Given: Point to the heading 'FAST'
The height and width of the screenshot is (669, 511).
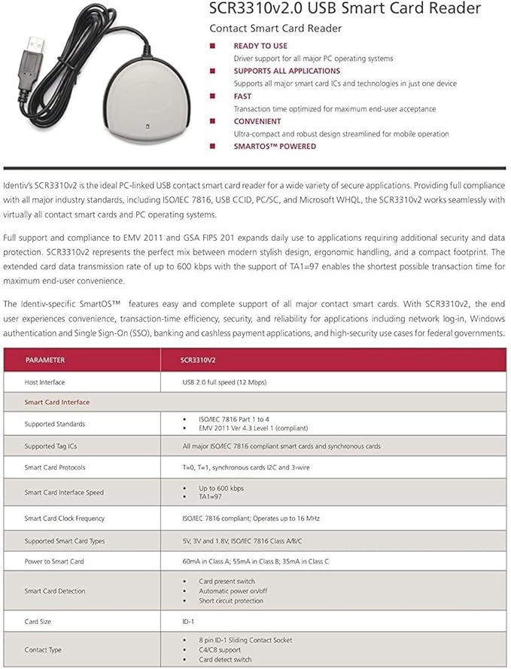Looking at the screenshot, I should coord(242,96).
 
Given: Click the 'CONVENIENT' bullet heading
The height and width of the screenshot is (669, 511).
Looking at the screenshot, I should coord(257,121).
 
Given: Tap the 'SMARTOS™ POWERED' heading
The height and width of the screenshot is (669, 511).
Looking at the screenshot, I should coord(275,146).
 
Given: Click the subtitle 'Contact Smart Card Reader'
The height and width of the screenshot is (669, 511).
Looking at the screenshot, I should coord(275,28).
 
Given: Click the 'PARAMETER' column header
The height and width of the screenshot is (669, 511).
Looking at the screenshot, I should coord(45,360).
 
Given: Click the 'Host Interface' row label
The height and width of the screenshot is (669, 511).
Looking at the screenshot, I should coord(45,382).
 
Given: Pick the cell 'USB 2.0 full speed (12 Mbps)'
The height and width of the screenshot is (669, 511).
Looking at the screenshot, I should coord(224,382).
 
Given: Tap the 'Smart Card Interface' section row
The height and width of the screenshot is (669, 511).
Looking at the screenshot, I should coord(56,402).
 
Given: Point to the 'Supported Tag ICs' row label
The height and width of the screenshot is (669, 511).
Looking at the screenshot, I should coord(50,446).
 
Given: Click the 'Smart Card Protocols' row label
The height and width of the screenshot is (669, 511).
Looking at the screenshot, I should coord(55,467).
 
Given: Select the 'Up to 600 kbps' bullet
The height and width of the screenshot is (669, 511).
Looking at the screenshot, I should coord(221,488).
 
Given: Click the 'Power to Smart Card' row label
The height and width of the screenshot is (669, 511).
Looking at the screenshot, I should coord(54,561).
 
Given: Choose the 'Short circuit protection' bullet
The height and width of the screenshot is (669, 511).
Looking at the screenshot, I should coord(231,601).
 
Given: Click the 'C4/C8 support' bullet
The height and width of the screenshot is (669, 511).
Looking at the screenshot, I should coord(220,649).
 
